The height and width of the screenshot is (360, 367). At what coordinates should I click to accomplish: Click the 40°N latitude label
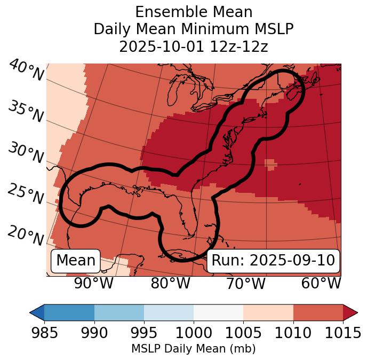tap(26, 71)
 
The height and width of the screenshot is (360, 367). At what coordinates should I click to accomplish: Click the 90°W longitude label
tap(93, 283)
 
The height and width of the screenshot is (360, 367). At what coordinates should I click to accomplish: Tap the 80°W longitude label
tap(170, 283)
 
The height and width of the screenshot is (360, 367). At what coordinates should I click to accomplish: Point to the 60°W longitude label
tap(321, 283)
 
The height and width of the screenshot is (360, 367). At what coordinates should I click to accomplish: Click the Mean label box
tap(76, 261)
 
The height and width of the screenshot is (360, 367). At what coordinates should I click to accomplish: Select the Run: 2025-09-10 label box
tap(273, 261)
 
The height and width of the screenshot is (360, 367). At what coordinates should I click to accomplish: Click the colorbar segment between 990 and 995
tap(119, 312)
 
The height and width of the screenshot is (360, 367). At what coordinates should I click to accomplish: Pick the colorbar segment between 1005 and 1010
tap(268, 312)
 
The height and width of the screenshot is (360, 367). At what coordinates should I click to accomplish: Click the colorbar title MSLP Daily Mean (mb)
tap(193, 349)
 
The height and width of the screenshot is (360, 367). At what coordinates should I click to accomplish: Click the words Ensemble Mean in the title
tap(194, 12)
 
